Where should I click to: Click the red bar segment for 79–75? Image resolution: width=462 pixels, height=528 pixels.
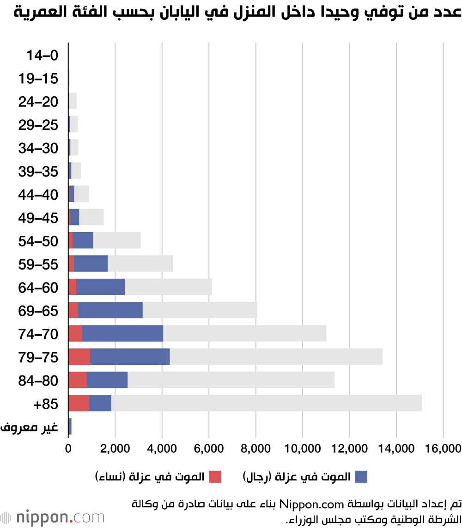pyautogui.click(x=79, y=356)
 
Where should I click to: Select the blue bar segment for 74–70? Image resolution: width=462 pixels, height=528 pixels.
pyautogui.click(x=122, y=333)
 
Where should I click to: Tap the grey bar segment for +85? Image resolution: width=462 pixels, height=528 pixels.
pyautogui.click(x=267, y=403)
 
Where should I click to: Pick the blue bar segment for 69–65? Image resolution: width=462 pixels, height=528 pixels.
pyautogui.click(x=110, y=310)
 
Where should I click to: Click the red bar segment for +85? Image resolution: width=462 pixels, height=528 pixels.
pyautogui.click(x=79, y=403)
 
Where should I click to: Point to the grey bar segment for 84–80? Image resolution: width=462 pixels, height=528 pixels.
pyautogui.click(x=231, y=380)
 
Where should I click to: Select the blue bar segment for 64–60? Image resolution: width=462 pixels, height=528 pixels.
pyautogui.click(x=100, y=287)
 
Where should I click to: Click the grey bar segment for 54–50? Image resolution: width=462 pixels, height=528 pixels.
pyautogui.click(x=117, y=240)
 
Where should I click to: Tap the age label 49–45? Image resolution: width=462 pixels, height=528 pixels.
pyautogui.click(x=38, y=218)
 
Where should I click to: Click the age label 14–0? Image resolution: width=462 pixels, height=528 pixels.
pyautogui.click(x=42, y=55)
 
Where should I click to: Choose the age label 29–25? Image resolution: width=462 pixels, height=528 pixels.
pyautogui.click(x=38, y=125)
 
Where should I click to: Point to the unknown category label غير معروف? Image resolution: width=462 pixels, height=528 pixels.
pyautogui.click(x=29, y=427)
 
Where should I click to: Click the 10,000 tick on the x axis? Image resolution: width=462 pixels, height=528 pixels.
pyautogui.click(x=303, y=448)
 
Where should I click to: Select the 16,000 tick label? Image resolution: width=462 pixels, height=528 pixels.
pyautogui.click(x=443, y=448)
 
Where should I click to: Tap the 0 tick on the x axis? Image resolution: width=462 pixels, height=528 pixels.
pyautogui.click(x=68, y=448)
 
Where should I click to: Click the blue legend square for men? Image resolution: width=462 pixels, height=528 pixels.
pyautogui.click(x=361, y=477)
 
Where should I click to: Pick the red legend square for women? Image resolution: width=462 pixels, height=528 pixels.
pyautogui.click(x=215, y=477)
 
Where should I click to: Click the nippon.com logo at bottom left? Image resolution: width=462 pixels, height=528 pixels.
pyautogui.click(x=53, y=517)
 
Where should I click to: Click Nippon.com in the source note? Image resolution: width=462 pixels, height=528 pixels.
pyautogui.click(x=311, y=504)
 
